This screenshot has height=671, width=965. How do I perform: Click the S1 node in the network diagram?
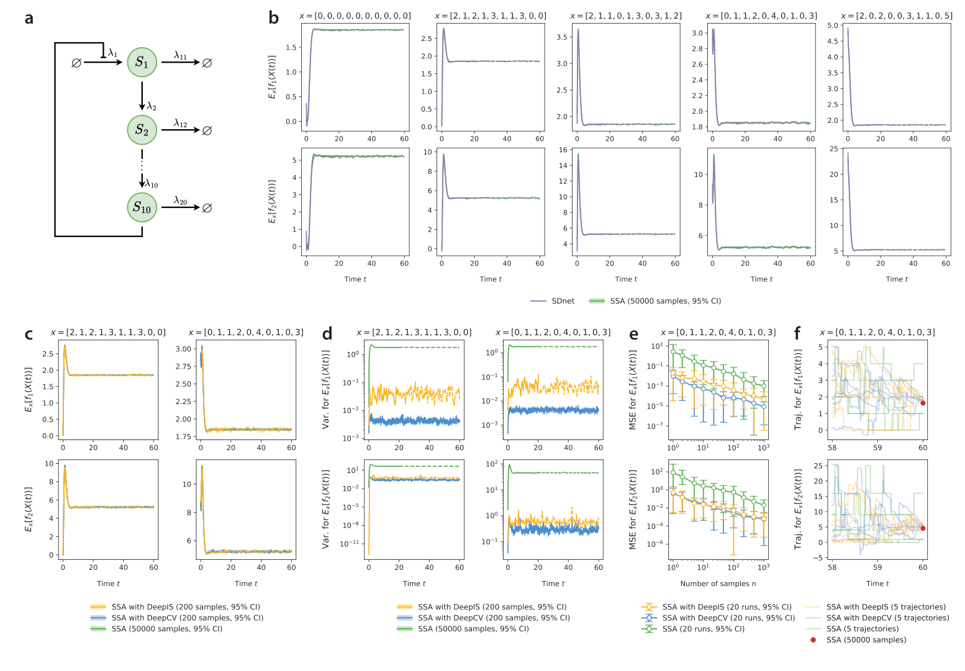tap(142, 62)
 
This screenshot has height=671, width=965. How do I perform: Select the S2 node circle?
tap(142, 130)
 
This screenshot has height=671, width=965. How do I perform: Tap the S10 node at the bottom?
tap(142, 207)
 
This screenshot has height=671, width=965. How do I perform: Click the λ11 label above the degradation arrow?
tap(180, 56)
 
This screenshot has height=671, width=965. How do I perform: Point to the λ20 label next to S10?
tap(180, 200)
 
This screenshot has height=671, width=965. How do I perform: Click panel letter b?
tap(274, 18)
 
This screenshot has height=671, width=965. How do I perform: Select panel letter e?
tap(633, 334)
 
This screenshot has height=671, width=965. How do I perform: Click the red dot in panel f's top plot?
tap(923, 403)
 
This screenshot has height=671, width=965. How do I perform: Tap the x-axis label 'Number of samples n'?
tap(718, 583)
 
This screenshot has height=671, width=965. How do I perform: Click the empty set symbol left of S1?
tap(76, 63)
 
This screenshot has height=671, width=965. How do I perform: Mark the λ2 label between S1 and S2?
tap(152, 107)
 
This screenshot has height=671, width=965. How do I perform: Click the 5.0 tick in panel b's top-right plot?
tap(832, 25)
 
